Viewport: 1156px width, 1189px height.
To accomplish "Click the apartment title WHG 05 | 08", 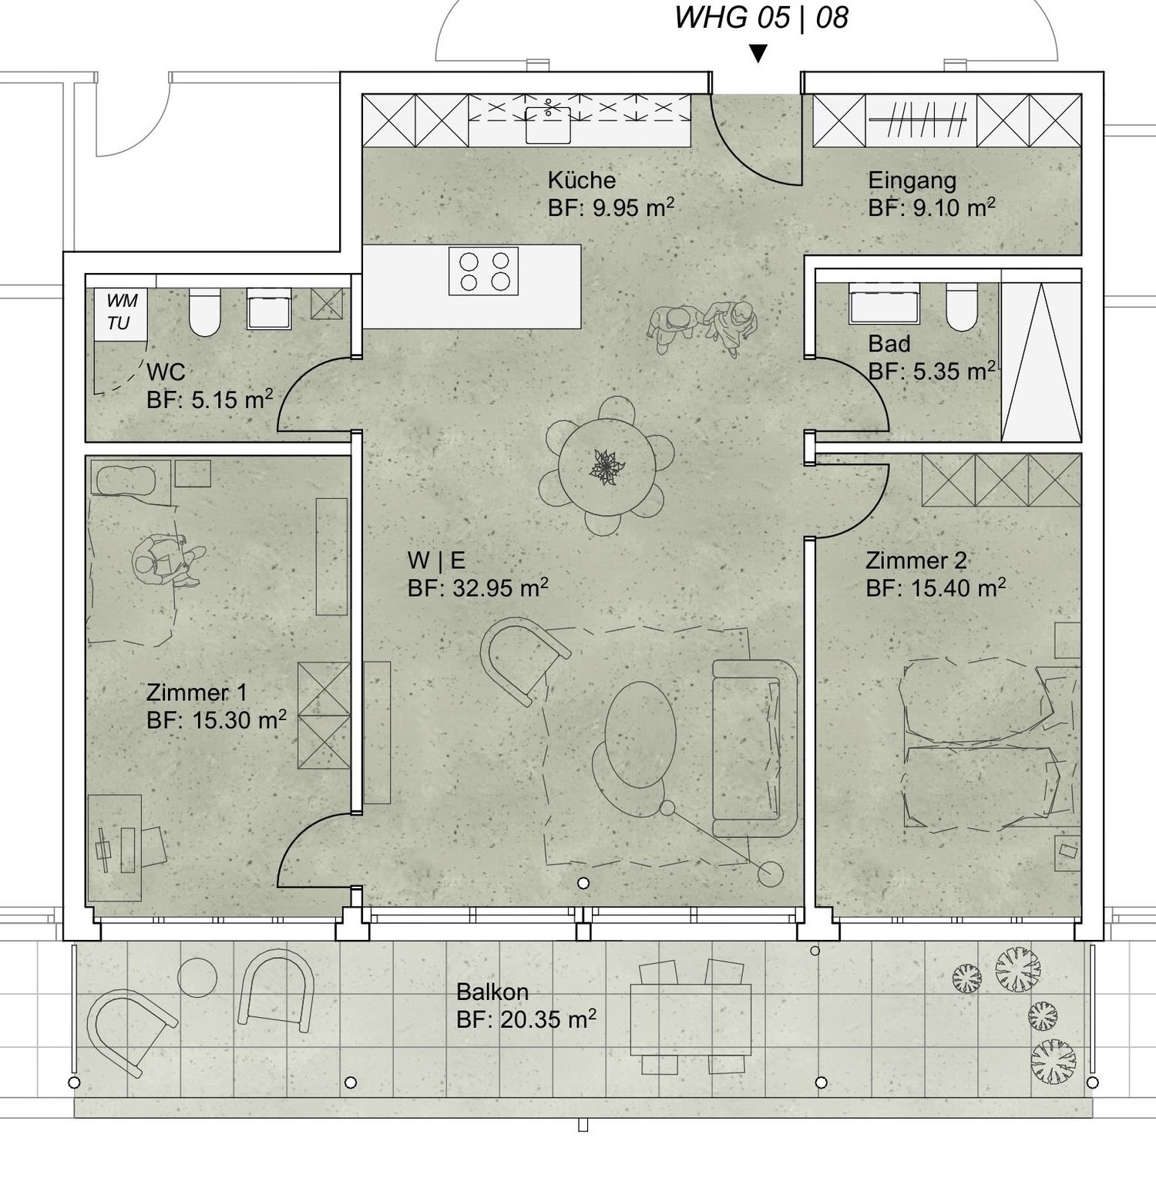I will pyautogui.click(x=761, y=18).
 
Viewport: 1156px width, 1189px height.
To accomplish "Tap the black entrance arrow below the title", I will pyautogui.click(x=758, y=53).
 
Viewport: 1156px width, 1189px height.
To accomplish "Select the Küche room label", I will pyautogui.click(x=582, y=180).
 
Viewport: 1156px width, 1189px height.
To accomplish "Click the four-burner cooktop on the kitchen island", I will pyautogui.click(x=484, y=271).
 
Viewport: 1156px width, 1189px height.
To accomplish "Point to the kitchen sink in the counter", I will pyautogui.click(x=548, y=124).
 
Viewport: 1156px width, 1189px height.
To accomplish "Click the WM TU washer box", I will pyautogui.click(x=121, y=312).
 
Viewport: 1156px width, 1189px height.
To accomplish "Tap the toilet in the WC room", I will pyautogui.click(x=204, y=312).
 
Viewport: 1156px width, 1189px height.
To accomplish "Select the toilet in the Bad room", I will pyautogui.click(x=961, y=307).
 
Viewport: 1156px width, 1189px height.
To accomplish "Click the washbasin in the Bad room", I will pyautogui.click(x=883, y=303).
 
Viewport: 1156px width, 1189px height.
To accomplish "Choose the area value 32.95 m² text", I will pyautogui.click(x=478, y=588).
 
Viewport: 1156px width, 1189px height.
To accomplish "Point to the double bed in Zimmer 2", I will pyautogui.click(x=979, y=744).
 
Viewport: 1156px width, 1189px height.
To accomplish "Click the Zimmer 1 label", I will pyautogui.click(x=197, y=692).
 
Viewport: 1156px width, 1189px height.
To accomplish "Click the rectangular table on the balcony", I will pyautogui.click(x=691, y=1019).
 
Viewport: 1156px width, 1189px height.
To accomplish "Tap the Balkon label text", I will pyautogui.click(x=492, y=992).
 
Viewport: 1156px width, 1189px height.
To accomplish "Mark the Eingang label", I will pyautogui.click(x=912, y=180).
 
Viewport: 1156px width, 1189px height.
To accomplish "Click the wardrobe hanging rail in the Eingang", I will pyautogui.click(x=917, y=120).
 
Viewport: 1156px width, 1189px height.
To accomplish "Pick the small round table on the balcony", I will pyautogui.click(x=197, y=977).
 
